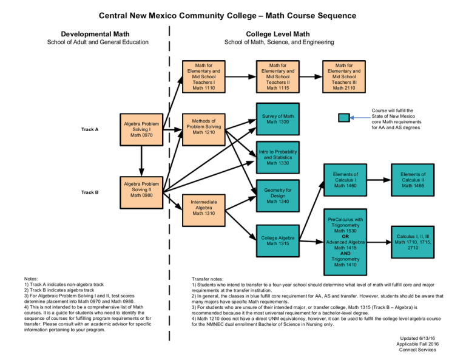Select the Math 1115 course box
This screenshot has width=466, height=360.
coord(275,76)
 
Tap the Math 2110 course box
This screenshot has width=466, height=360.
coord(345,76)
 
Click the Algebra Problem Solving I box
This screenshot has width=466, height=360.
coord(141,129)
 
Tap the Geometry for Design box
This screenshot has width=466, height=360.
coord(276,195)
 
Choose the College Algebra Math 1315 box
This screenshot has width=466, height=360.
coord(276,240)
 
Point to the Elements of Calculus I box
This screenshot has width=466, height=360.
coord(345,180)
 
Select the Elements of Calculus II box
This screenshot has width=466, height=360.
coord(413,180)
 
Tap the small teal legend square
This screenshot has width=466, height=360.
coord(344,118)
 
